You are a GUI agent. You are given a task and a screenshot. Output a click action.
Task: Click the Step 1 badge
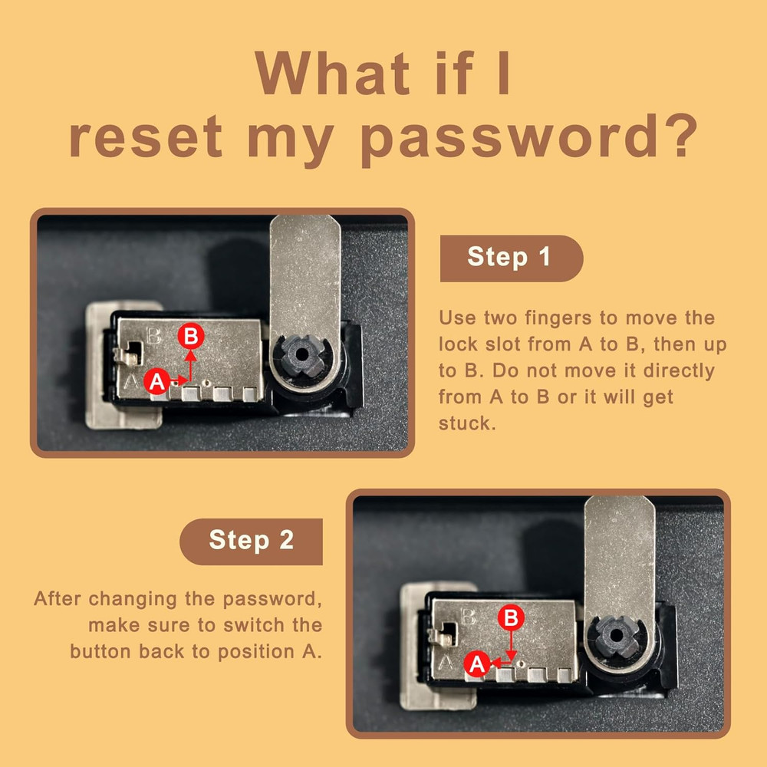click(x=511, y=258)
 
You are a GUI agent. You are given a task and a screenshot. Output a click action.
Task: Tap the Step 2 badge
click(x=251, y=542)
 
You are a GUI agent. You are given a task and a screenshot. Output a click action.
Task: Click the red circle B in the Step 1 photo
click(x=191, y=336)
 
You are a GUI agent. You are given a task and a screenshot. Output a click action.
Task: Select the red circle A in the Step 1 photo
click(x=157, y=381)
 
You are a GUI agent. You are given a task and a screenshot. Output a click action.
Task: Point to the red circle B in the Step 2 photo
click(x=511, y=617)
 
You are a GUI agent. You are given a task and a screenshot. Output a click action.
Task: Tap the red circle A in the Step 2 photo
click(x=477, y=663)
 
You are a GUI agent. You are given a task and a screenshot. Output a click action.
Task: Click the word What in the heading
click(x=332, y=73)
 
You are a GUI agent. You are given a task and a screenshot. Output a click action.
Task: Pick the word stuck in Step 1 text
click(x=466, y=423)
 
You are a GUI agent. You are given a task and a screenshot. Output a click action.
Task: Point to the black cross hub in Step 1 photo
click(x=302, y=354)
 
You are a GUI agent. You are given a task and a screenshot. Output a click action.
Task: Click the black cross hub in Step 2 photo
click(x=617, y=635)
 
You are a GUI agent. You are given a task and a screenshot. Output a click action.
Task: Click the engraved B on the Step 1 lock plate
click(x=153, y=336)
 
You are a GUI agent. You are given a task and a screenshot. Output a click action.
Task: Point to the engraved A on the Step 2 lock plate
click(x=446, y=662)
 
